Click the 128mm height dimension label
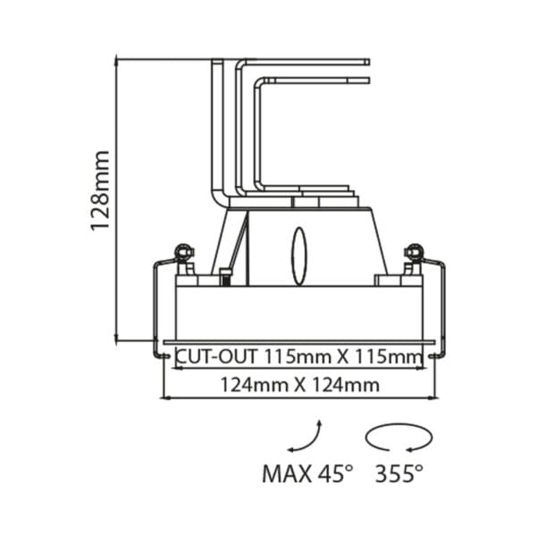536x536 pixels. point(101,190)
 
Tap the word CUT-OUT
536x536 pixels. point(206,356)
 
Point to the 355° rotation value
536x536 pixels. point(398,473)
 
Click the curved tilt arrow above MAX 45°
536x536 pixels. point(305,437)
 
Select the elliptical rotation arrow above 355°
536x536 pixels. point(398,439)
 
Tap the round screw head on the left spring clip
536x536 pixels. point(184,251)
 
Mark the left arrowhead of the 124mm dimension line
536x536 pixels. point(163,397)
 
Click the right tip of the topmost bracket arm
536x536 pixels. point(367,62)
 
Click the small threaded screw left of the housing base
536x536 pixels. point(227,277)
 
